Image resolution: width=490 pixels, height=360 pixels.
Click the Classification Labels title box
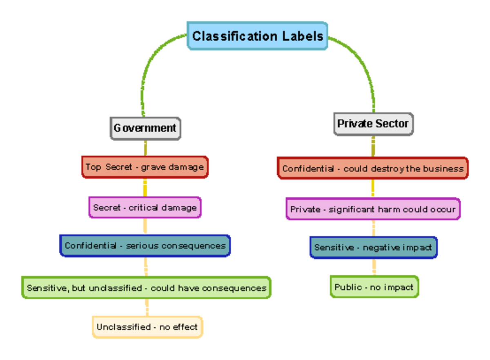(x=257, y=36)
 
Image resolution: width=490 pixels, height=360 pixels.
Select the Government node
(x=145, y=128)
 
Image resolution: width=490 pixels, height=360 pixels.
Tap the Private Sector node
(x=373, y=124)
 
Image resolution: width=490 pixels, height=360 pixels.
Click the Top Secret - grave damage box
(x=145, y=167)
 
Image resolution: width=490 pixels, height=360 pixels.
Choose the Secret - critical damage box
(x=145, y=207)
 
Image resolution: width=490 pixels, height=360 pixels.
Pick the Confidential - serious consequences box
(x=145, y=246)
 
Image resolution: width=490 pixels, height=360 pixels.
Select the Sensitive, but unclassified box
(x=146, y=288)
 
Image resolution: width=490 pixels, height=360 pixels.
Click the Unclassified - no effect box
(x=147, y=327)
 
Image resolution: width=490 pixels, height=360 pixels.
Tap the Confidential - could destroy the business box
(x=372, y=168)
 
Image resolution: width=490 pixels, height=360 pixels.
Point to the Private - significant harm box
(x=373, y=209)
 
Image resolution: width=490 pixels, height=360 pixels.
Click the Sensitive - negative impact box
(x=373, y=247)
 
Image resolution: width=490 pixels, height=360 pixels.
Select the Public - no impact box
(x=374, y=287)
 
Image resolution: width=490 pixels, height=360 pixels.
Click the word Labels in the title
(x=303, y=36)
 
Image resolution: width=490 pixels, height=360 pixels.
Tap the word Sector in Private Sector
(x=392, y=124)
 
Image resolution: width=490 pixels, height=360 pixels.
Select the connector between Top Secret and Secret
(x=145, y=188)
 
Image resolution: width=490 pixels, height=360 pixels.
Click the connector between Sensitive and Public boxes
(x=374, y=267)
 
